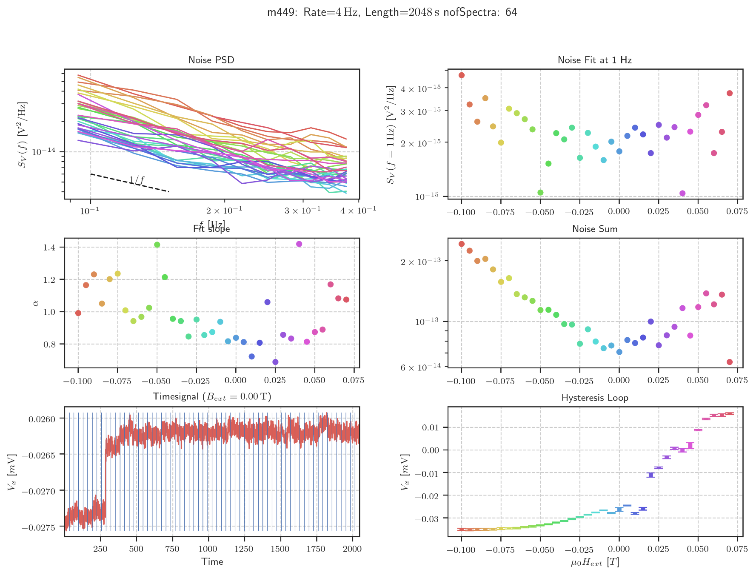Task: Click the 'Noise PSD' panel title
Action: tap(211, 60)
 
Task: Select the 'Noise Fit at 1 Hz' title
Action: tap(594, 60)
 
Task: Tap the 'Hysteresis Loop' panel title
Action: tap(594, 398)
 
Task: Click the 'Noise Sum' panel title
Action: tap(594, 229)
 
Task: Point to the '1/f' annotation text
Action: tap(137, 180)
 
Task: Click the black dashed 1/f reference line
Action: tap(111, 178)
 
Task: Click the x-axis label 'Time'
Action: tap(212, 561)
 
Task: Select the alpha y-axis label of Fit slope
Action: tap(36, 302)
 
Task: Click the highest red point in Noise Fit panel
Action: tap(462, 75)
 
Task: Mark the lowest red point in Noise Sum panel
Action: tap(730, 362)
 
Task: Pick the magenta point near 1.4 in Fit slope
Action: tap(299, 244)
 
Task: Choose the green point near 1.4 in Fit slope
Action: tap(157, 245)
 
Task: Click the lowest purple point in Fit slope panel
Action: tap(275, 362)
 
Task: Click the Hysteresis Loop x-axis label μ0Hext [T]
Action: tap(594, 562)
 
